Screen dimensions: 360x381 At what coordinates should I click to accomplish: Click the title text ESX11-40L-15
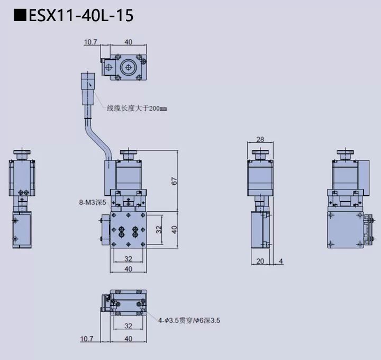[80, 15]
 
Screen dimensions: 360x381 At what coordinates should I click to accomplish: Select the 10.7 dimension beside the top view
[92, 42]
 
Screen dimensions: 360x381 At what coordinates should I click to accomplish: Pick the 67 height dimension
[174, 181]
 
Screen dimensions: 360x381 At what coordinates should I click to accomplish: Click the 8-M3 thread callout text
[93, 202]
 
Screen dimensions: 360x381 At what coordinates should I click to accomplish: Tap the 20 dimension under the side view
[260, 260]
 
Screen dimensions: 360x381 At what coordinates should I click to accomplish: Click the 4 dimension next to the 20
[280, 260]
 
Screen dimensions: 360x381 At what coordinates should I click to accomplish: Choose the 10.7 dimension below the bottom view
[87, 338]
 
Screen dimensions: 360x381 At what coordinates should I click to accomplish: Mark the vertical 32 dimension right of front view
[159, 229]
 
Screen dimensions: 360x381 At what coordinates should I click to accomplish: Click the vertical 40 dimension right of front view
[174, 229]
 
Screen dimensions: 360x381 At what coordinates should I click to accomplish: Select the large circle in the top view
[128, 67]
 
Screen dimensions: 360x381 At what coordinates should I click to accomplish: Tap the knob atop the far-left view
[22, 154]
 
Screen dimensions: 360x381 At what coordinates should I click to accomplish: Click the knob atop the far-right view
[346, 154]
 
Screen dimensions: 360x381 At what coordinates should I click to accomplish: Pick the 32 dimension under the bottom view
[128, 326]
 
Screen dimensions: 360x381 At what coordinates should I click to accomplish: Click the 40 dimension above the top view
[128, 42]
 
